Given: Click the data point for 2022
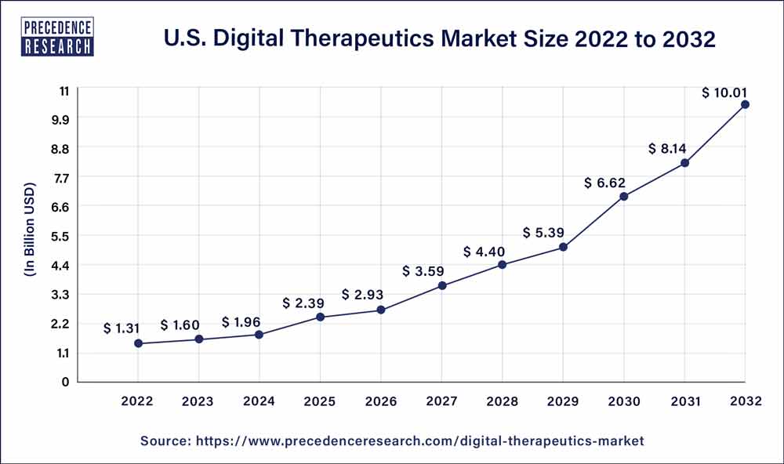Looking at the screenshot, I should [x=138, y=343].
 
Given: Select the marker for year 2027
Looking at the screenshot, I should [x=442, y=285].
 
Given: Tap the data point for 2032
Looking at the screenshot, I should [x=745, y=104].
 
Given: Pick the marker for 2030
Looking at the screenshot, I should [x=624, y=196].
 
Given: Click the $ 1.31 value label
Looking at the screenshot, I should [x=122, y=328].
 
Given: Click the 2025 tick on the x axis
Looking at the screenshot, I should [x=320, y=401].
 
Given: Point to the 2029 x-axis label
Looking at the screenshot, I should [x=563, y=401].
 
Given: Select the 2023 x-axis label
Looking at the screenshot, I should [x=198, y=401].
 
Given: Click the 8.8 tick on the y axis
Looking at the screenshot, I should [x=60, y=148].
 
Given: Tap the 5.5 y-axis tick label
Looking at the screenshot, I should [x=60, y=236].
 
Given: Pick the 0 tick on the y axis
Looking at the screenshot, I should [x=66, y=382].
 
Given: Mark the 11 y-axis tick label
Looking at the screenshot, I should [x=63, y=90].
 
